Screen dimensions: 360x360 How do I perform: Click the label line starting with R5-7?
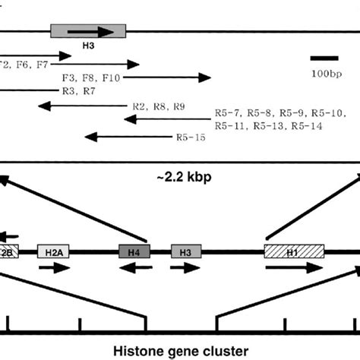[x=281, y=112]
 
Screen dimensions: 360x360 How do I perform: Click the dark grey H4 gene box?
[x=134, y=251]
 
